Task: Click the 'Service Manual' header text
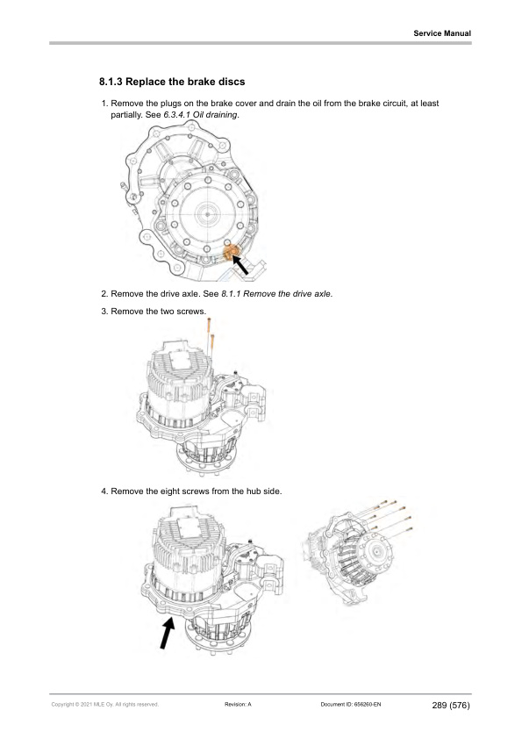[442, 33]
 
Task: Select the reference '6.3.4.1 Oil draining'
[201, 115]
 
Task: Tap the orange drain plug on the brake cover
[232, 255]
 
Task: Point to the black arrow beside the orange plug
[251, 264]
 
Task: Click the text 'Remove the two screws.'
[158, 312]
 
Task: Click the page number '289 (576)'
[451, 704]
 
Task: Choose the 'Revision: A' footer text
[239, 704]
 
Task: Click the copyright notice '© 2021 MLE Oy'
[104, 704]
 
